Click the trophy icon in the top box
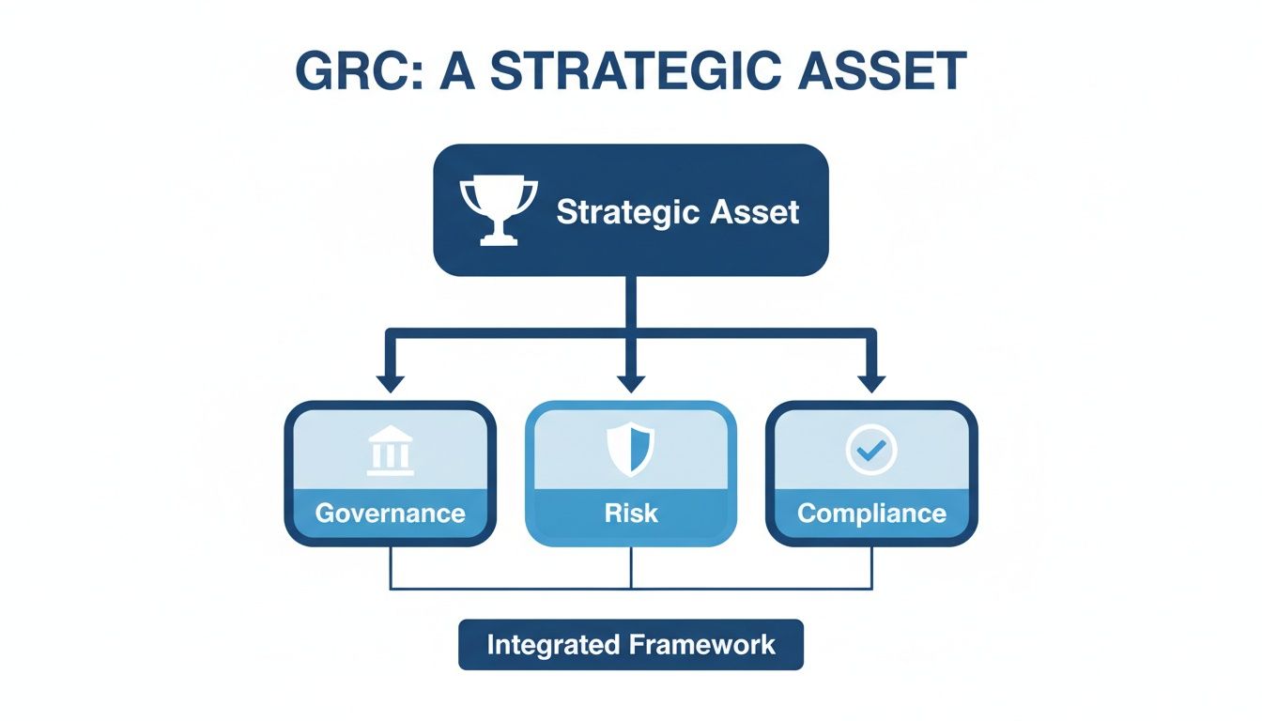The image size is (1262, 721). (498, 211)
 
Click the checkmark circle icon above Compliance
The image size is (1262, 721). (871, 451)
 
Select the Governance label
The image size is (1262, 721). (390, 514)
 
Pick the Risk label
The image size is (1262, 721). (630, 514)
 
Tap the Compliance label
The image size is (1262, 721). (871, 514)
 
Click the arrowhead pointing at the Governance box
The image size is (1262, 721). (390, 382)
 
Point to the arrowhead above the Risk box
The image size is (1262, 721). (630, 382)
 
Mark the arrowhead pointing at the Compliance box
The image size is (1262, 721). (871, 382)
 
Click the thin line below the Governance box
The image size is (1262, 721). (390, 568)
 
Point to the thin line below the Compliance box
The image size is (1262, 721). (871, 568)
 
